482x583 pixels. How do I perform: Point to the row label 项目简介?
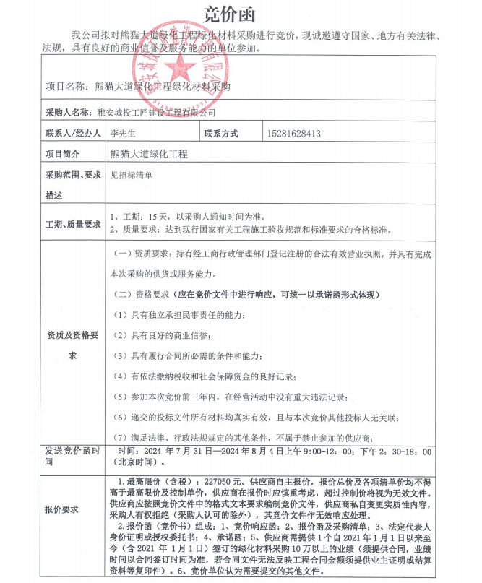coord(63,154)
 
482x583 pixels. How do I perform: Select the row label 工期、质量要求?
coord(73,225)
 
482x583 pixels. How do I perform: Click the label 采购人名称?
coord(68,113)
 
